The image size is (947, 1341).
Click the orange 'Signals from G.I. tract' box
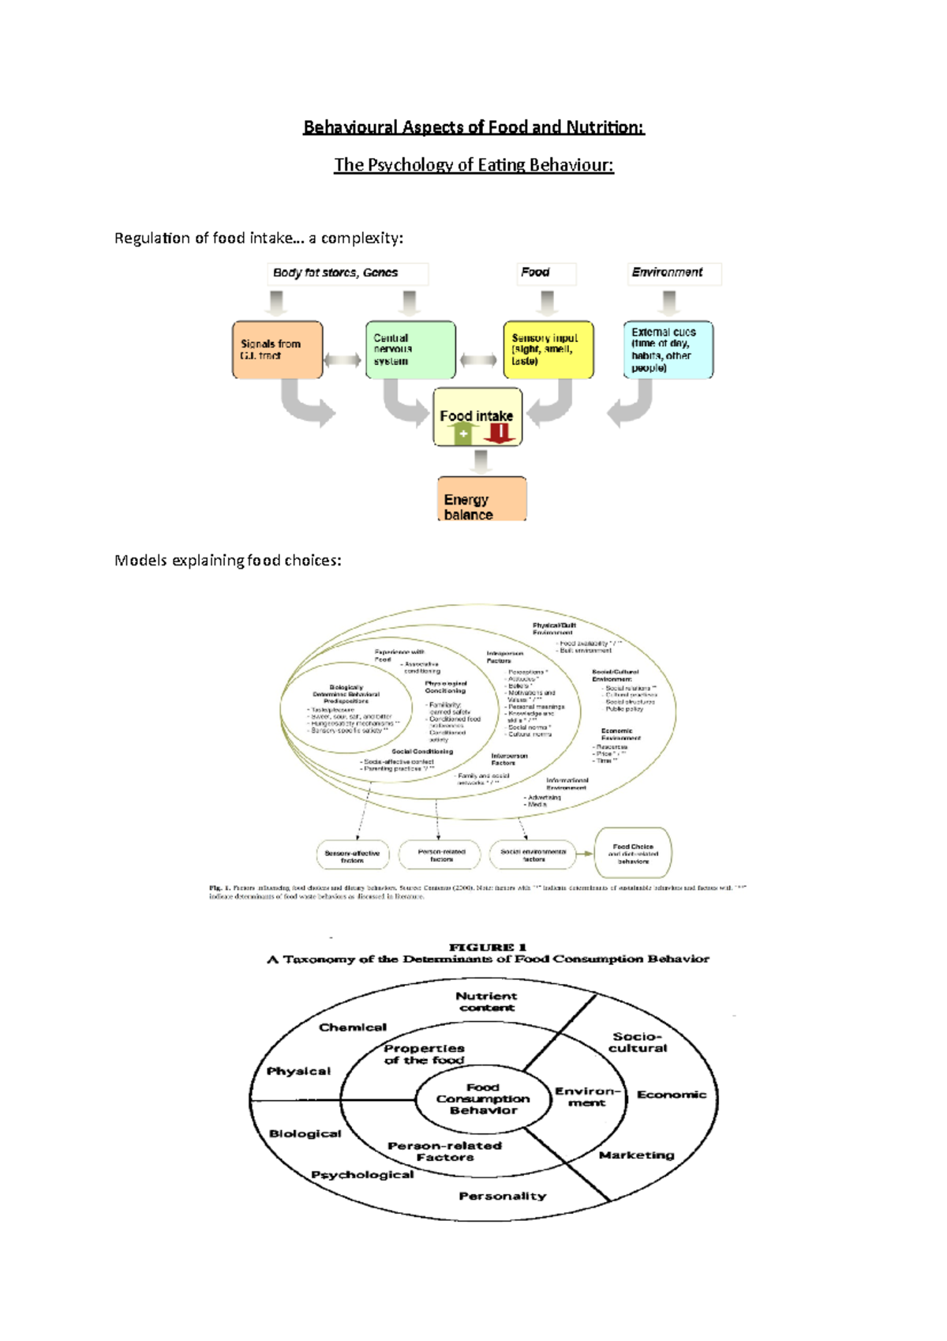tap(277, 350)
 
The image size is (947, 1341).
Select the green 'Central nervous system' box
tap(410, 350)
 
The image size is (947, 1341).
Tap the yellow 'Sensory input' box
tap(548, 350)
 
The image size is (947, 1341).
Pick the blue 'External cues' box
tap(668, 350)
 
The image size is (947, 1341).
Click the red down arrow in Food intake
tap(500, 433)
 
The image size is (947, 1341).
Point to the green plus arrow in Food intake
tap(463, 434)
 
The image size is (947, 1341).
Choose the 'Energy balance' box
tap(481, 499)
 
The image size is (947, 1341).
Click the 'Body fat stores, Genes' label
tap(336, 273)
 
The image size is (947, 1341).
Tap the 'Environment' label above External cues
tap(667, 272)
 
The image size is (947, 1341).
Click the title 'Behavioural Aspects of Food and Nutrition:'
tap(473, 127)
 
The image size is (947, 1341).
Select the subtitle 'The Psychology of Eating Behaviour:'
tap(473, 165)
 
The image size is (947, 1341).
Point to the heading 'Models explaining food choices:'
tap(228, 561)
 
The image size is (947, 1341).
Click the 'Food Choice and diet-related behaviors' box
tap(633, 853)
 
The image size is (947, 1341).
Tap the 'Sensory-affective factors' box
tap(352, 855)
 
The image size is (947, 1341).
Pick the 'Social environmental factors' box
tap(533, 855)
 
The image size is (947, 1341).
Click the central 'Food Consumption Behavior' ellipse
tap(483, 1099)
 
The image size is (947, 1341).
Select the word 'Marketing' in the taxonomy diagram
tap(636, 1155)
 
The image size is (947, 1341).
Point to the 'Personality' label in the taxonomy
tap(502, 1196)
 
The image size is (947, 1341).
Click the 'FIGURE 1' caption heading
tap(487, 947)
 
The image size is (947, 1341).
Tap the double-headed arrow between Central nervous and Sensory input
tap(479, 360)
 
